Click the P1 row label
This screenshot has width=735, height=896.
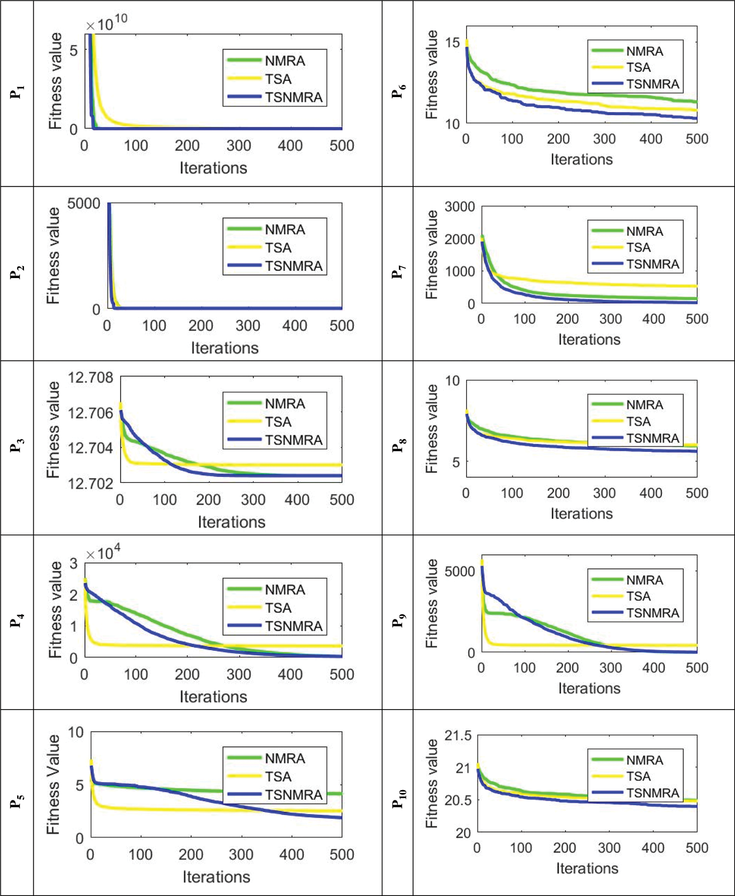pyautogui.click(x=17, y=92)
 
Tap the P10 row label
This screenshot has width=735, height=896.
pyautogui.click(x=399, y=798)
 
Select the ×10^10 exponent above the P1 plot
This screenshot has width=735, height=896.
pyautogui.click(x=107, y=23)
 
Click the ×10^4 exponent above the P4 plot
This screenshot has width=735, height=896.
pyautogui.click(x=103, y=554)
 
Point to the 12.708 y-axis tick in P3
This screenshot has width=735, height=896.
pyautogui.click(x=90, y=378)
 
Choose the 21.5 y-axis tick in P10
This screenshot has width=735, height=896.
pyautogui.click(x=458, y=736)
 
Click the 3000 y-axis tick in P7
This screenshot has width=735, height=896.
pyautogui.click(x=460, y=207)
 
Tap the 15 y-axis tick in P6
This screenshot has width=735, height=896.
pyautogui.click(x=452, y=43)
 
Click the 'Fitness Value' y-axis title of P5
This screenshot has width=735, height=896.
pyautogui.click(x=53, y=784)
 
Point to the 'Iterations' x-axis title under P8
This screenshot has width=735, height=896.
pyautogui.click(x=582, y=513)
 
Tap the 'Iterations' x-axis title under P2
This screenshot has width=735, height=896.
pyautogui.click(x=224, y=348)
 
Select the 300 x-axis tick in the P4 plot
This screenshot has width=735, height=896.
pyautogui.click(x=239, y=674)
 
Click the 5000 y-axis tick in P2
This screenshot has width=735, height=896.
pyautogui.click(x=84, y=204)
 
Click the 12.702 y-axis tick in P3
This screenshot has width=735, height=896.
pyautogui.click(x=90, y=484)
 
